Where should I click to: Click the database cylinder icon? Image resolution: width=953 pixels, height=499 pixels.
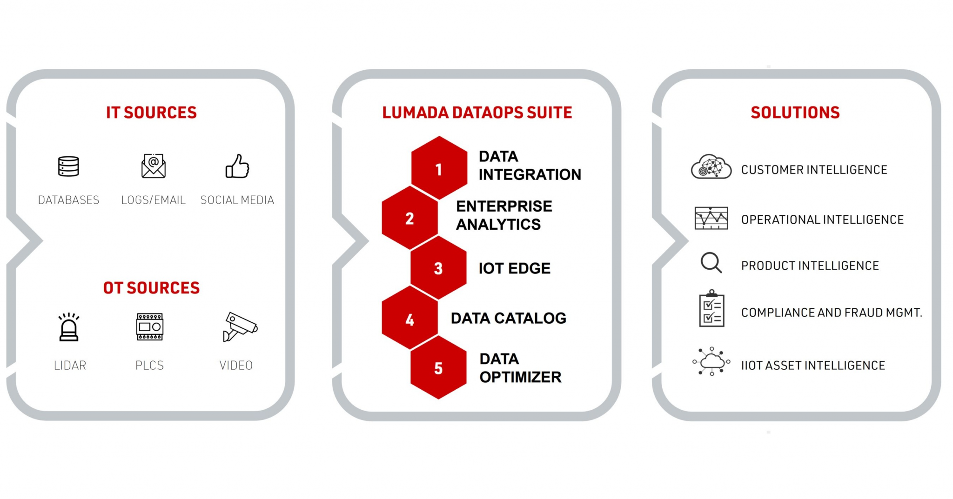pos(68,166)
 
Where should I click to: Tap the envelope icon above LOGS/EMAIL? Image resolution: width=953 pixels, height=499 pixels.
pos(154,166)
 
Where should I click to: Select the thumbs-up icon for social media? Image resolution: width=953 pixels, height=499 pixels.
pos(237,166)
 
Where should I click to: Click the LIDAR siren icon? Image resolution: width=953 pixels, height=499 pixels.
pos(69,327)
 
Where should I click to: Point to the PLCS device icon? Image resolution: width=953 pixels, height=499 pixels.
pos(149,327)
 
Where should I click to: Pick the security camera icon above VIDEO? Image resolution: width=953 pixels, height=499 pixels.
pos(240,326)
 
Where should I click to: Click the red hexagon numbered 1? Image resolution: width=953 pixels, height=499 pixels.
pos(439,168)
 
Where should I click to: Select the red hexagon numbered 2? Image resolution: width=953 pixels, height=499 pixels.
pos(410,218)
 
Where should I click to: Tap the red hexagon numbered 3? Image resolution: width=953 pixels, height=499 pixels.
pos(438,267)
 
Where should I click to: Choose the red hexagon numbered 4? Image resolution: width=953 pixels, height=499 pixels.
pos(410,318)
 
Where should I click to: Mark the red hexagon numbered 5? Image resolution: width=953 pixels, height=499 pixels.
pos(438,367)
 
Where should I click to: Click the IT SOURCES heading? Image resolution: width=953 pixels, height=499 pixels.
pos(151,113)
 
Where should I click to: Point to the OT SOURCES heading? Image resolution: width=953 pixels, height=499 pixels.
pos(151,288)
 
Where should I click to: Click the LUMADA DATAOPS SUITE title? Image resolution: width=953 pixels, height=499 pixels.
pos(477,113)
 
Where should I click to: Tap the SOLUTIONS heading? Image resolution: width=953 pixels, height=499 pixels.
pos(795,113)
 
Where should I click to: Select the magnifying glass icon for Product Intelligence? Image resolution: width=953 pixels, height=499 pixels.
pos(711,263)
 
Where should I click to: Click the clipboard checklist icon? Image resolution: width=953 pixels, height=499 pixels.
pos(711,308)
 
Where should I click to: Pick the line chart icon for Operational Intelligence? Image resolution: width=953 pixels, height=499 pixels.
pos(711,218)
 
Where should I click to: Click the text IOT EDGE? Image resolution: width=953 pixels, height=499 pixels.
pos(515,268)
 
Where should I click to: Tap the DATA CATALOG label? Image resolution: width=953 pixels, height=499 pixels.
pos(509,318)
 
